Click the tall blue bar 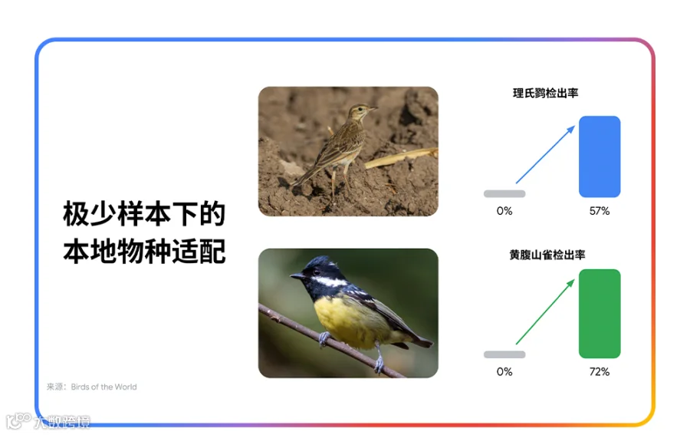[x=600, y=157]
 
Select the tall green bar [x=600, y=314]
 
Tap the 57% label [x=600, y=211]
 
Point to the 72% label [x=600, y=371]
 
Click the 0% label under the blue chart [x=504, y=211]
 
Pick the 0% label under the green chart [x=504, y=371]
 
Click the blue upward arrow [x=545, y=154]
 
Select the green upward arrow [x=545, y=311]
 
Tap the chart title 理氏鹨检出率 [x=545, y=93]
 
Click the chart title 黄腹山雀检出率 [x=547, y=255]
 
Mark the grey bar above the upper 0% [x=504, y=194]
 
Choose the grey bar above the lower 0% [x=504, y=354]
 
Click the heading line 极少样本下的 [x=144, y=214]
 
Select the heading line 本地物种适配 [x=144, y=251]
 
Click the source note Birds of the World [x=103, y=387]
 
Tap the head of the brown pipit [x=361, y=111]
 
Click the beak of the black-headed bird [x=297, y=275]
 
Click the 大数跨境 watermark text [x=61, y=422]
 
